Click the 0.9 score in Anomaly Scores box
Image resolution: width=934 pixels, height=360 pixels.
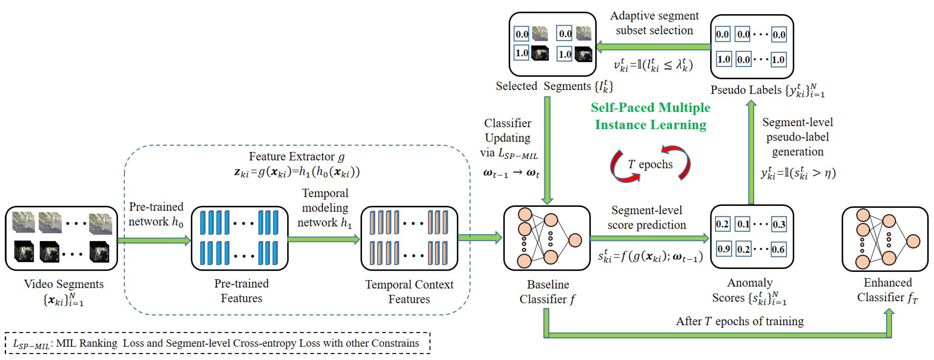coord(723,249)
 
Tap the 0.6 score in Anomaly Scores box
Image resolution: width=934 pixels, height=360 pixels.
coord(778,249)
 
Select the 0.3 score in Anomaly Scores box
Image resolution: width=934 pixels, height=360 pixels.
coord(778,224)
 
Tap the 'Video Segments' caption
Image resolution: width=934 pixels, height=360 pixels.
coord(63,284)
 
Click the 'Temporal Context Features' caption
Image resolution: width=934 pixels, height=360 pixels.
coord(409,291)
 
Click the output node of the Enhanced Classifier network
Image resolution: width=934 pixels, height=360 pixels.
coord(913,241)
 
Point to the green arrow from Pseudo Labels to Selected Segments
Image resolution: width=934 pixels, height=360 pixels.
coord(653,47)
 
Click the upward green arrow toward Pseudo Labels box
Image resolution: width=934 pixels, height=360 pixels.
coord(751,152)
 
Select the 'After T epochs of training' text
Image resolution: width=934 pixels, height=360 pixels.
coord(740,321)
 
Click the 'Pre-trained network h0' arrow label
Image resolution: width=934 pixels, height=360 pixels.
coord(156,214)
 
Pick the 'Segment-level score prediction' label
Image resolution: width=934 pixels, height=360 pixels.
coord(647,217)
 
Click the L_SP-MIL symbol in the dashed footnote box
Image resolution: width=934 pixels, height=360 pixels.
coord(31,344)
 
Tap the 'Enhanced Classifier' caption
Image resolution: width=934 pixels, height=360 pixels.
coord(887,290)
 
